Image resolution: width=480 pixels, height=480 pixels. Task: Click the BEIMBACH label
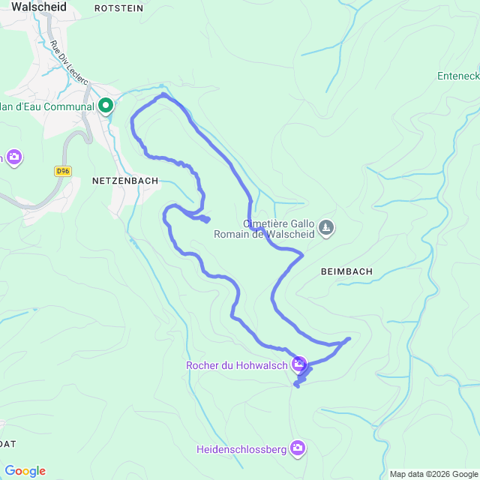[x=346, y=270]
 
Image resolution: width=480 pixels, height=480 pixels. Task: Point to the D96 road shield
[x=62, y=171]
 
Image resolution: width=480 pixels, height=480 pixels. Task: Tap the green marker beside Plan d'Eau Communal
[x=106, y=106]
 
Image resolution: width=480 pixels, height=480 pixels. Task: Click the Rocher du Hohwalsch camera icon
[x=299, y=365]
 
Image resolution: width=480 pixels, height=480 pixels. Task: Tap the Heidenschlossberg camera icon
[x=298, y=448]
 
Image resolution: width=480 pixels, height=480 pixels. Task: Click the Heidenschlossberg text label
[x=241, y=450]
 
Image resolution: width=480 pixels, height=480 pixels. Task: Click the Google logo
[x=24, y=471]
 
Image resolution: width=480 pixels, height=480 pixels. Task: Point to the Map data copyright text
[x=433, y=474]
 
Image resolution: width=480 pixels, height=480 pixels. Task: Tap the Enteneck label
[x=458, y=76]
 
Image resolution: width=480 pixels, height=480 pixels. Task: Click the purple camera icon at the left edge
[x=14, y=157]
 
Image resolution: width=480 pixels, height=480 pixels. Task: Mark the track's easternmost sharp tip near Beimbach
[x=349, y=338]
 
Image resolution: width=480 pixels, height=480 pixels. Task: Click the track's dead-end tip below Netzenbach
[x=207, y=219]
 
